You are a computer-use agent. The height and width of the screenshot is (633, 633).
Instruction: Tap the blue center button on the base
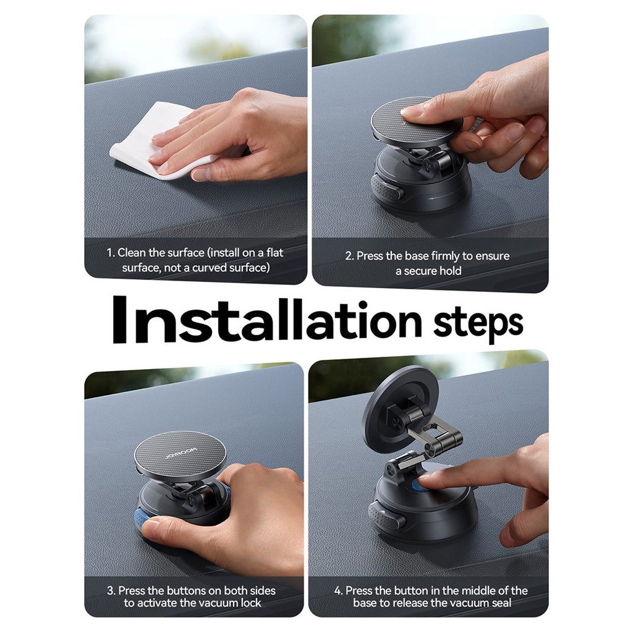coord(420,485)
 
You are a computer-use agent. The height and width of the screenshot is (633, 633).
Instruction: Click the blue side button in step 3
coord(143,520)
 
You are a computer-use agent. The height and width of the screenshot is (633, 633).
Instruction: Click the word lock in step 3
coord(250,603)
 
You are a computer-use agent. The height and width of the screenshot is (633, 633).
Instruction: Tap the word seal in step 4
coord(501,603)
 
